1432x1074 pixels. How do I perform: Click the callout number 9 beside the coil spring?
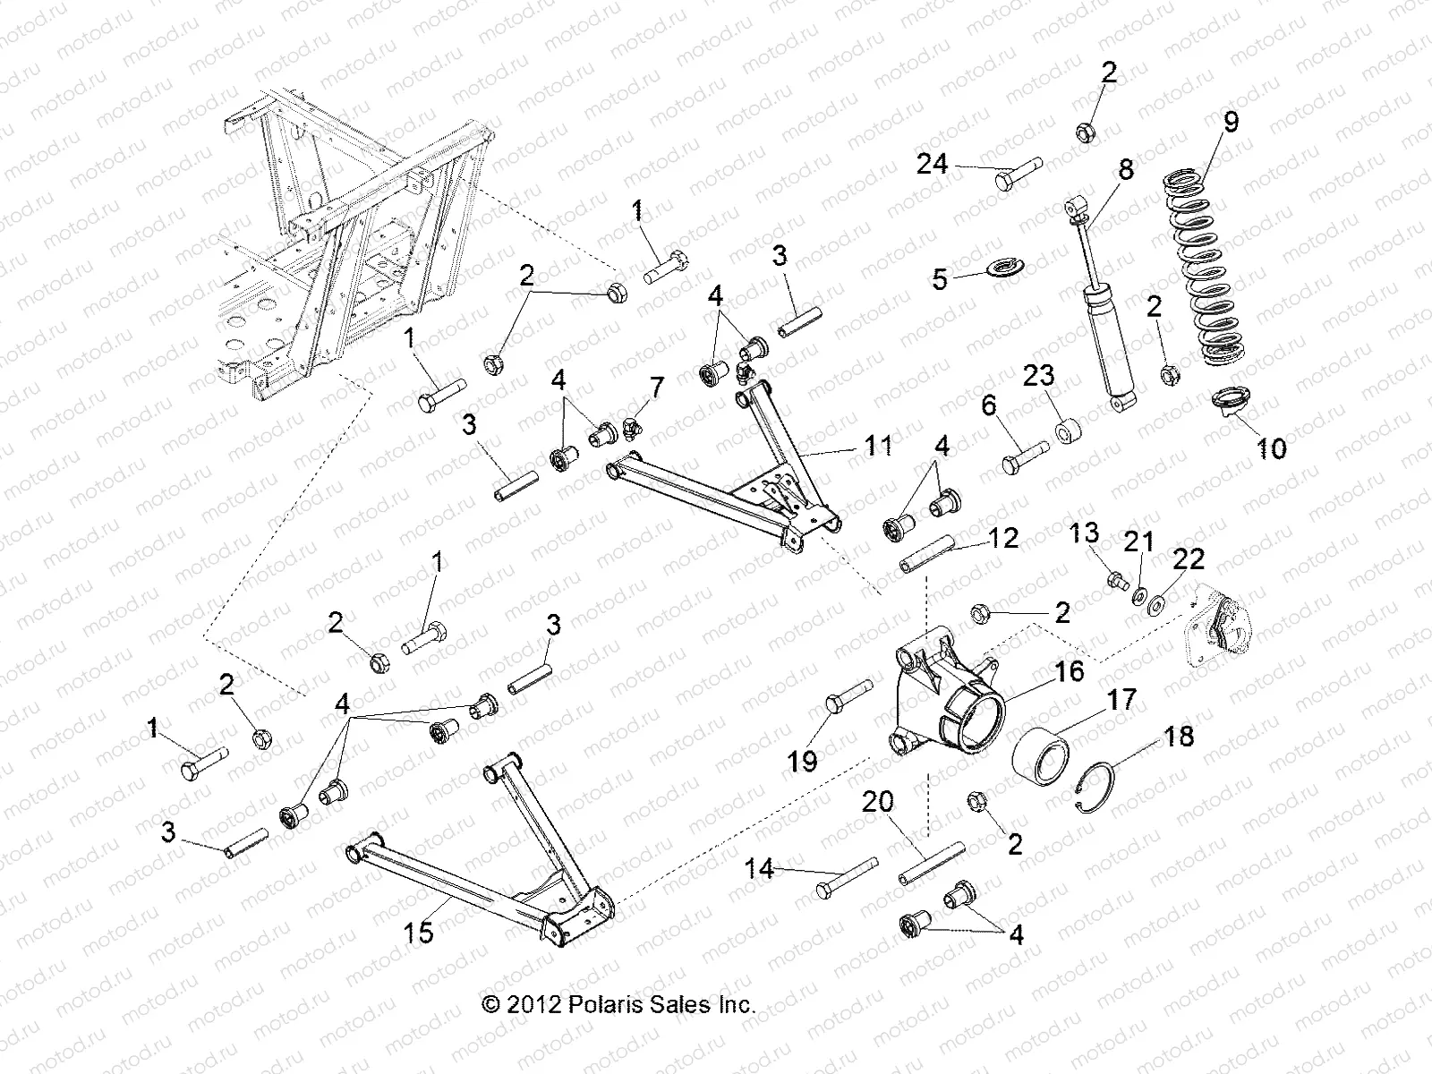tap(1231, 122)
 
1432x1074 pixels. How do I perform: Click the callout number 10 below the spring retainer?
tap(1272, 447)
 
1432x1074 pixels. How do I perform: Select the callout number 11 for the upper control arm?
tap(878, 444)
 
